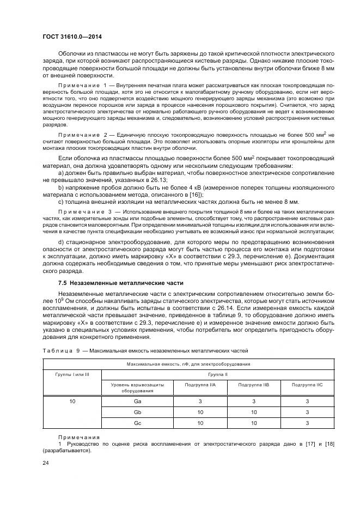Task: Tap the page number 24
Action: coord(45,462)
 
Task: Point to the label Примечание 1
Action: coord(80,86)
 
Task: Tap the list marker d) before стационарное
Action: coord(61,241)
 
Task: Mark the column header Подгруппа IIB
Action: coord(253,384)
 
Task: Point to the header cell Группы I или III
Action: coord(72,375)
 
